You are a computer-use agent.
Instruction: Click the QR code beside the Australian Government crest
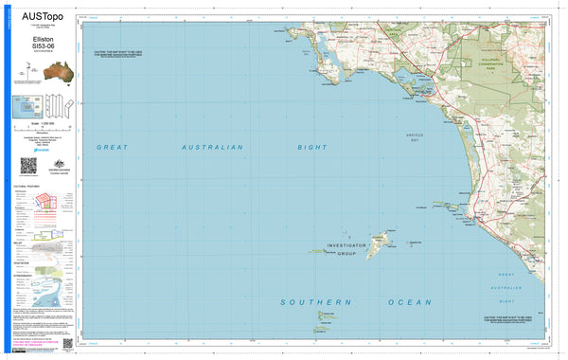(28, 165)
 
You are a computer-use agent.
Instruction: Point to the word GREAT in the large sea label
(112, 148)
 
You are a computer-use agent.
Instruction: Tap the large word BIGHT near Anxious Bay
(311, 148)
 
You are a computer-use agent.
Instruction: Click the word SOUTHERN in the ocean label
(308, 301)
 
